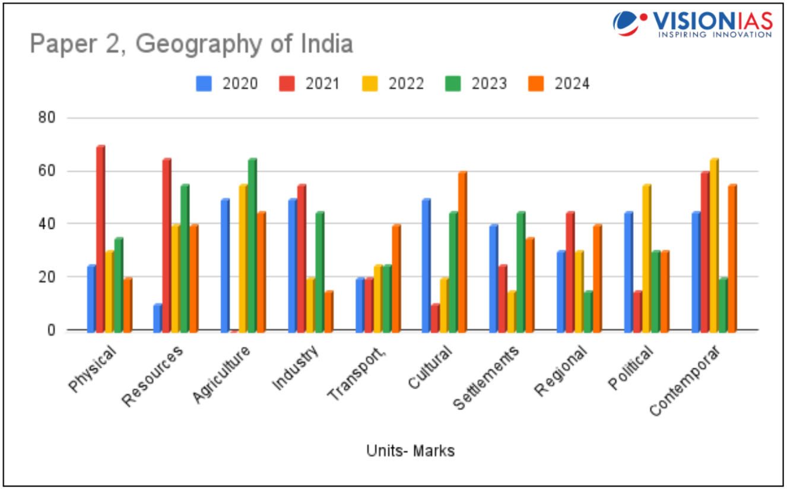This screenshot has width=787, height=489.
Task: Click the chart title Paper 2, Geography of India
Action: tap(191, 44)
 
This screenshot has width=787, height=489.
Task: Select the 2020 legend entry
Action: tap(228, 84)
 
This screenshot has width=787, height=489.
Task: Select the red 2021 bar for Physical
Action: tap(100, 238)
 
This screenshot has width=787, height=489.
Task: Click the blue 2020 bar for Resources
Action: tap(158, 317)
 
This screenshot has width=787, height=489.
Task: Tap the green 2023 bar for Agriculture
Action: tap(252, 244)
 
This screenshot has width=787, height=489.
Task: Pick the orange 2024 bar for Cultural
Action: tap(462, 251)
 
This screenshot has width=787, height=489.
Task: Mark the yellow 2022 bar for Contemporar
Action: tap(714, 244)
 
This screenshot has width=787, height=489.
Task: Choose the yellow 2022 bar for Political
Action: tap(646, 257)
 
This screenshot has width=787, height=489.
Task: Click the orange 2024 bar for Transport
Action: tap(396, 277)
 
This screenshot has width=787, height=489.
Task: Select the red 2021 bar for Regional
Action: tap(570, 271)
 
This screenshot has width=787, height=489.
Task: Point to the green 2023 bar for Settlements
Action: tap(521, 271)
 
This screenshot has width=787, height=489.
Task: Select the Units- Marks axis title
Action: tap(410, 451)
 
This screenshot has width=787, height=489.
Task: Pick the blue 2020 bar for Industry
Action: tap(293, 264)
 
